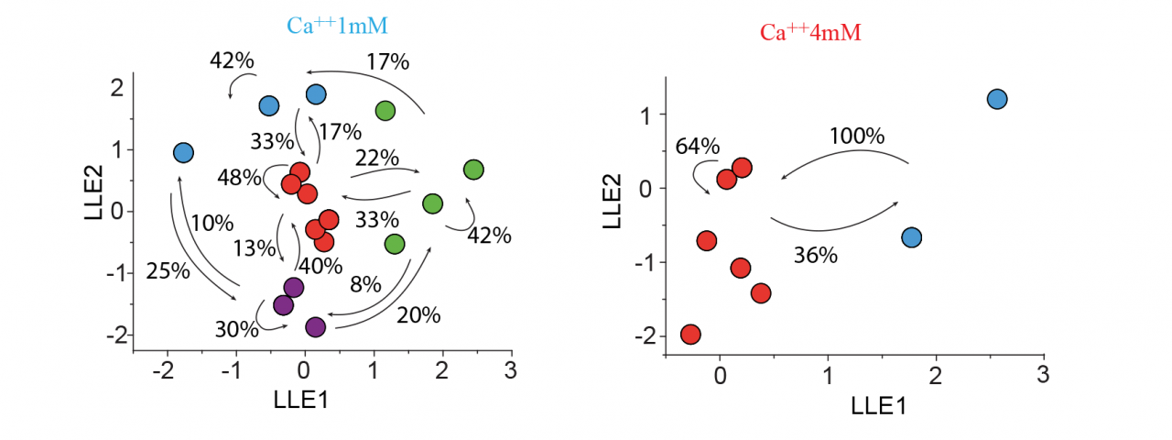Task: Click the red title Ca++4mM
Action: tap(810, 33)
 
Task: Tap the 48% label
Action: tap(240, 177)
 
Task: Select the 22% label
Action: tap(375, 158)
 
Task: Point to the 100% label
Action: tap(856, 137)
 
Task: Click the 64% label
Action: tap(698, 147)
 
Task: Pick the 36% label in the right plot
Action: tap(815, 256)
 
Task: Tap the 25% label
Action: tap(168, 270)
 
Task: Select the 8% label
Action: tap(365, 284)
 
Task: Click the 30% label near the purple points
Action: tap(237, 327)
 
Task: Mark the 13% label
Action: tap(254, 247)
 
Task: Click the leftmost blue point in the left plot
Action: tap(183, 153)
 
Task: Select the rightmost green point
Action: tap(473, 170)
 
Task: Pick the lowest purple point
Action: tap(316, 327)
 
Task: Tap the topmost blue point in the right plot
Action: tap(997, 99)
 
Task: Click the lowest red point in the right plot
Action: tap(691, 335)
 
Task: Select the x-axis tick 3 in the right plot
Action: tap(1042, 375)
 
